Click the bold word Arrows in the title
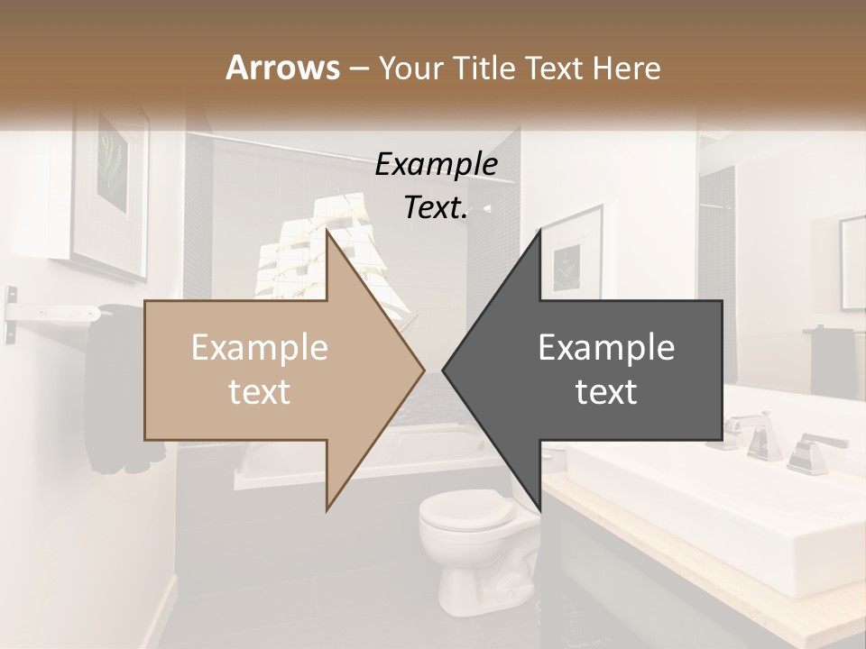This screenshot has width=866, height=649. [282, 68]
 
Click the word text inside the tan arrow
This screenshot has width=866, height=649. [259, 392]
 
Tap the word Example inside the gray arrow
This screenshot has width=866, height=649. [606, 348]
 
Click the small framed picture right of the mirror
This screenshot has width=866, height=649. [853, 261]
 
